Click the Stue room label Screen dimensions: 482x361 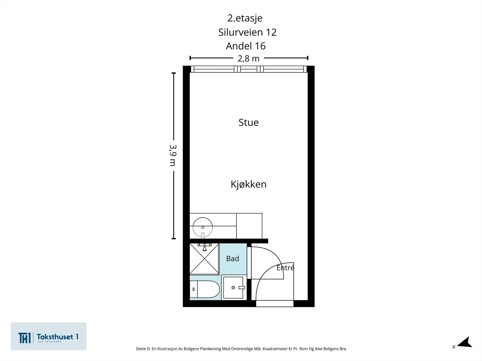[x=249, y=122]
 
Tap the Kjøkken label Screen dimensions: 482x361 [x=249, y=184]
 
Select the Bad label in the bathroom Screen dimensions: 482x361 [x=233, y=259]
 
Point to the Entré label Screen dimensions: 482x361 [x=285, y=268]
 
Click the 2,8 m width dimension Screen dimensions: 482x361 [x=249, y=59]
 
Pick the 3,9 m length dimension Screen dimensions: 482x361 [x=173, y=156]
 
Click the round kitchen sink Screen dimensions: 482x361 [x=203, y=227]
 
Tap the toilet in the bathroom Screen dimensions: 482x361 [x=205, y=289]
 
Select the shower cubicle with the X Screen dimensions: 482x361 [x=205, y=259]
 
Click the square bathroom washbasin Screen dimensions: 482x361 [x=233, y=287]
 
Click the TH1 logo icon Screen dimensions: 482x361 [x=24, y=338]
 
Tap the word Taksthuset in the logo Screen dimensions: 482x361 [x=55, y=337]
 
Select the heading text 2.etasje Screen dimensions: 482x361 [x=245, y=18]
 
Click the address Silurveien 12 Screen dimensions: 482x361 [x=247, y=32]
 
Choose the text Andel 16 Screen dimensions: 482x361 [x=246, y=46]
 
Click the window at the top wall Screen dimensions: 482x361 [x=249, y=69]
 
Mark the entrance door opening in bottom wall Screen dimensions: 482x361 [x=275, y=304]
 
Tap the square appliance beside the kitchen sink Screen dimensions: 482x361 [x=249, y=226]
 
